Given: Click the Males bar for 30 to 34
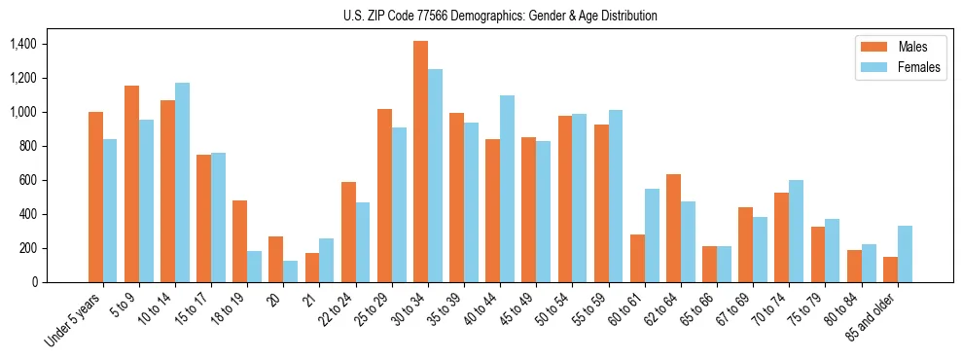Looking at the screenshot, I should click(420, 162).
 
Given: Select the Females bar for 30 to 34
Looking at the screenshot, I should click(435, 175).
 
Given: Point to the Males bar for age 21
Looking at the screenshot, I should click(312, 268).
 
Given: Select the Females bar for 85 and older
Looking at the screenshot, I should click(905, 254).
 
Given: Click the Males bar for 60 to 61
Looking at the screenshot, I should click(637, 258).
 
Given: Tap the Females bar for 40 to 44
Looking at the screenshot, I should click(507, 189).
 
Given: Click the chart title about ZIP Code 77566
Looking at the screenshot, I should click(500, 16).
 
